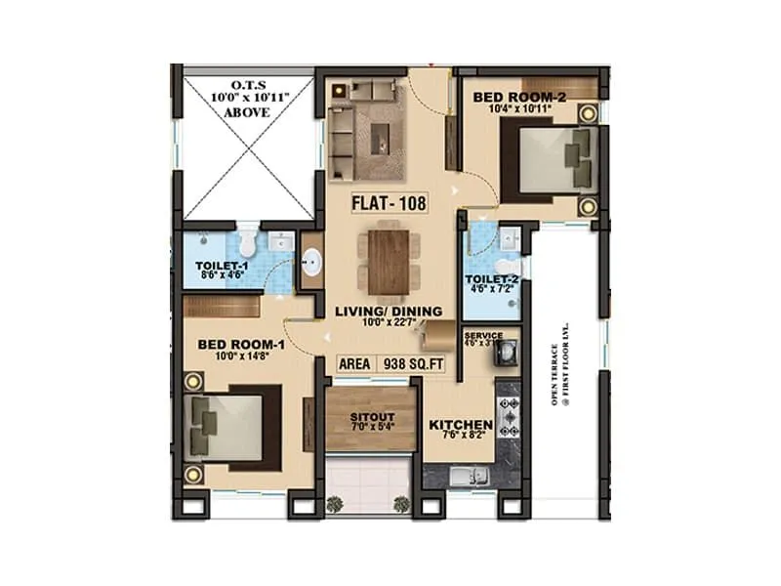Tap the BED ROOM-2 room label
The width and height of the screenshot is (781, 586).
pyautogui.click(x=518, y=97)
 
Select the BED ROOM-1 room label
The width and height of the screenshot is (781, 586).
pyautogui.click(x=240, y=344)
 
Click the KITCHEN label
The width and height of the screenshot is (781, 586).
pyautogui.click(x=461, y=425)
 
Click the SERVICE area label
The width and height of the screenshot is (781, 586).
pyautogui.click(x=483, y=336)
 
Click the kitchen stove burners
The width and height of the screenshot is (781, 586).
pyautogui.click(x=508, y=418)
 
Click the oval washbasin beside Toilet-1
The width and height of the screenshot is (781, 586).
pyautogui.click(x=312, y=262)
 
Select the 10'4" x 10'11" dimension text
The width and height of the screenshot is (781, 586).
pyautogui.click(x=518, y=110)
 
